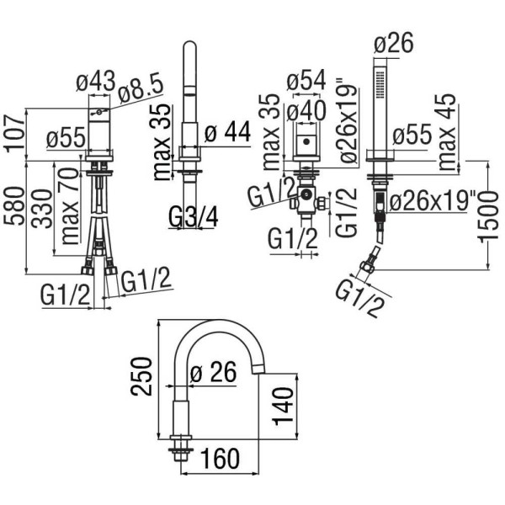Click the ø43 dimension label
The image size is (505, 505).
tap(95, 82)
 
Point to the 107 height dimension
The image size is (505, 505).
tap(13, 133)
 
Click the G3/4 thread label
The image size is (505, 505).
tap(193, 218)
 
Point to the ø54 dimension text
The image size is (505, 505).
tap(307, 82)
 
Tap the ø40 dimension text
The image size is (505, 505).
tap(307, 109)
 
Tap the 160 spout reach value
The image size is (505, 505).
tap(221, 459)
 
